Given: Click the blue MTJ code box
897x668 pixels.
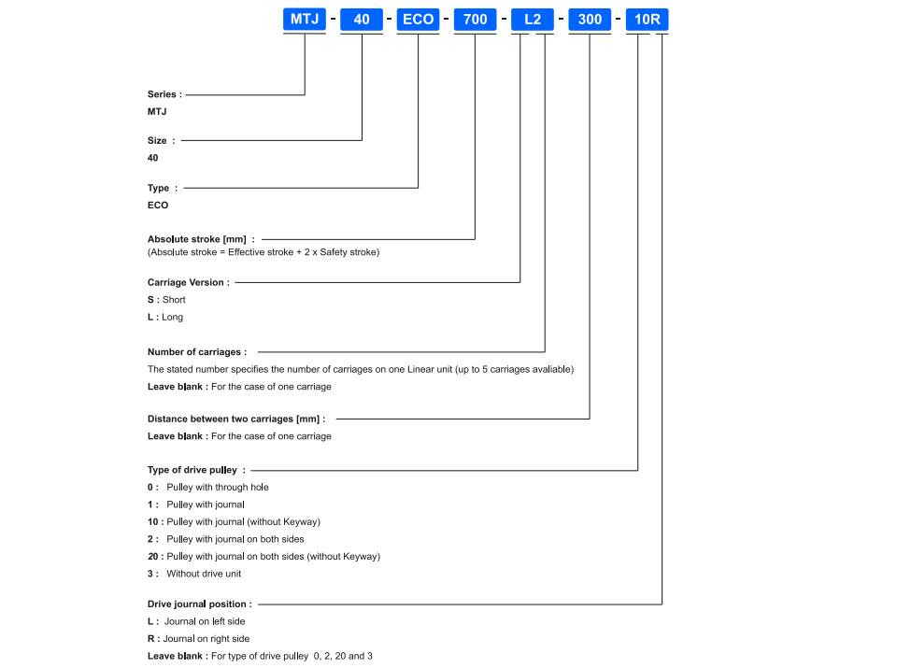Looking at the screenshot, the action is pos(305,19).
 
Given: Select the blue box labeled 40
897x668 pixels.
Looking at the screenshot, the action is pos(362,19).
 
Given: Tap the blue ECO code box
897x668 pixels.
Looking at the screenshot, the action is pos(419,19).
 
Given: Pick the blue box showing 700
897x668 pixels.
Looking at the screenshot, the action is pos(475,19).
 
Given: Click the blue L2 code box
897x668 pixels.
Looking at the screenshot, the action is pos(532,19).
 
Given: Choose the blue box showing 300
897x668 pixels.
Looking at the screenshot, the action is pos(590,19).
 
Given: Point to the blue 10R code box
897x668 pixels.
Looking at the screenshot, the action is pos(647,19).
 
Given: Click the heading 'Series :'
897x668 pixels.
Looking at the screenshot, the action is pos(164,94).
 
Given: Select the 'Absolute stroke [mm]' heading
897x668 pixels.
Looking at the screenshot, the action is pos(197,239).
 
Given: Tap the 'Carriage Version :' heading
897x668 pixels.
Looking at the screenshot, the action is pos(188,282).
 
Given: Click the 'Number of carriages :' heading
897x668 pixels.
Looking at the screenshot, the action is pos(197,351).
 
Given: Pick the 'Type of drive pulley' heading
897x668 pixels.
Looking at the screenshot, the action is pos(192,470).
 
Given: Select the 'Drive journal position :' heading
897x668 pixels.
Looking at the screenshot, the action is pos(200,604).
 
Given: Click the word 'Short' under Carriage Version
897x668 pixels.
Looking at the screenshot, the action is pos(174,300).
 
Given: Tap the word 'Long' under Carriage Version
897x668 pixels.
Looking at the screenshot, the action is pos(172,317).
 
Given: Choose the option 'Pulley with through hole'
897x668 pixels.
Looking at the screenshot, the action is pos(218,488).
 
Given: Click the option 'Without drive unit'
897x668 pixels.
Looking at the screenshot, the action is pos(204,574).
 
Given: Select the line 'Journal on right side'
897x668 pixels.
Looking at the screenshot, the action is pos(206,639).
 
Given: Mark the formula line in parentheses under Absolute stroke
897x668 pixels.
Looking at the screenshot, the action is pos(263,252).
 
